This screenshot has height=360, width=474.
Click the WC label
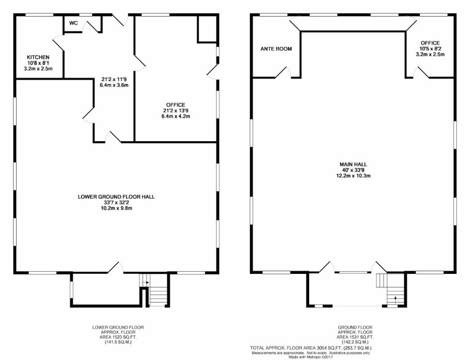pos(73,23)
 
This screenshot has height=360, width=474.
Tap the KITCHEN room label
pos(38,57)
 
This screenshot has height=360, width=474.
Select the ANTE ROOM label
pos(276,49)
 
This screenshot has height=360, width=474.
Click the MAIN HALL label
pos(354,164)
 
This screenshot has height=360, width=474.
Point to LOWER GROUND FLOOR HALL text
pos(117,197)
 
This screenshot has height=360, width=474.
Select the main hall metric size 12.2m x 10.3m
pos(354,175)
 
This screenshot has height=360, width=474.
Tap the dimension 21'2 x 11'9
pos(114,80)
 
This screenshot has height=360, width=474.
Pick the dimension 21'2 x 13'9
pos(175,111)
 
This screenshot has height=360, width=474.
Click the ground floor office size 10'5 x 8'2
pos(430,49)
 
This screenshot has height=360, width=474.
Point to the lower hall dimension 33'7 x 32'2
pos(117,203)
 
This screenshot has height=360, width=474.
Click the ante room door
pos(284,73)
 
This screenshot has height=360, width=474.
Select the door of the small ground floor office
pos(421,73)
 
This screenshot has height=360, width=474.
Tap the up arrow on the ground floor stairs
pos(395,300)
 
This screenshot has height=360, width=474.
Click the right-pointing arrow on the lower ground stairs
pos(144,282)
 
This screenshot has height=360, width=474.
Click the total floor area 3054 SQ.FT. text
pos(311,348)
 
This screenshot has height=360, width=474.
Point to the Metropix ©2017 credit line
pos(311,357)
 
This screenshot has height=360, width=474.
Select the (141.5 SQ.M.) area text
pos(118,342)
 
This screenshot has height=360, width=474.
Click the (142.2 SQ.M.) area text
pos(355,342)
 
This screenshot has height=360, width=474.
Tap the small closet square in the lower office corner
pos(207,29)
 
